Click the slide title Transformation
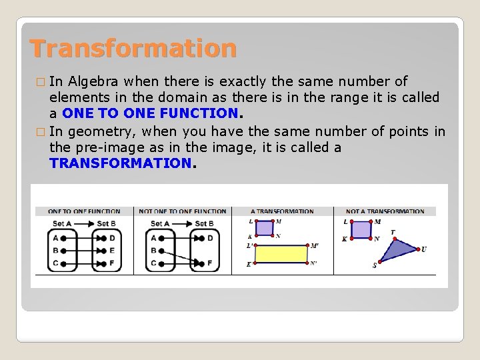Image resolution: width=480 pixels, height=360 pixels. (133, 49)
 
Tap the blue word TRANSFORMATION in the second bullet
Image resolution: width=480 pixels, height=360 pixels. (120, 163)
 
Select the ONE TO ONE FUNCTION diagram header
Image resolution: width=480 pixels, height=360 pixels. (84, 211)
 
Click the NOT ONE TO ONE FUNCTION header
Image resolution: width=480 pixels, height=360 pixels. (183, 211)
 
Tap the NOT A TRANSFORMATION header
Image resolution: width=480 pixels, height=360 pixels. (385, 211)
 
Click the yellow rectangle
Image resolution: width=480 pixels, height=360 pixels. (281, 254)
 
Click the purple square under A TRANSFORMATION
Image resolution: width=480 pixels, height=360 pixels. (265, 228)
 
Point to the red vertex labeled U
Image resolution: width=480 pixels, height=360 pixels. (417, 249)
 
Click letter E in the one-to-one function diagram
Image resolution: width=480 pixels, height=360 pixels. (112, 251)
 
